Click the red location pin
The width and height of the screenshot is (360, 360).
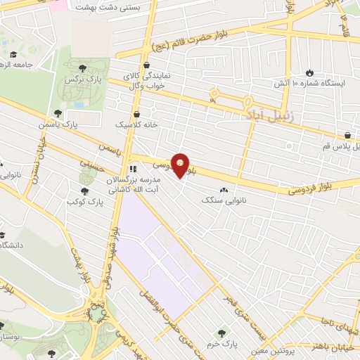[x=181, y=165]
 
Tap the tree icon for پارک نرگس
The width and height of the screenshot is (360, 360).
[x=82, y=68]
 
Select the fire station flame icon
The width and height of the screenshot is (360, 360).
[x=309, y=72]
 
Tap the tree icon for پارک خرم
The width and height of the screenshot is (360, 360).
[x=224, y=332]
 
